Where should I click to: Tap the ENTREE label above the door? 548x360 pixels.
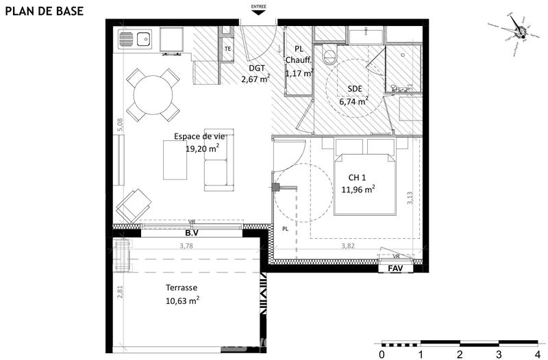pyautogui.click(x=259, y=9)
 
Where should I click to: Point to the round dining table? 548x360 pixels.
pyautogui.click(x=153, y=96)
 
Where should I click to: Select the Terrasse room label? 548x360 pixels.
pyautogui.click(x=182, y=288)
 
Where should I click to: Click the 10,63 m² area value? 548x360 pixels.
pyautogui.click(x=182, y=300)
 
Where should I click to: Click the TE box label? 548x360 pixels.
pyautogui.click(x=227, y=49)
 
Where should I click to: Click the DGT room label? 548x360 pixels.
pyautogui.click(x=256, y=68)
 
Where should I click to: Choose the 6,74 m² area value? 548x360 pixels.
pyautogui.click(x=353, y=101)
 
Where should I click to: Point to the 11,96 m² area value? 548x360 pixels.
pyautogui.click(x=358, y=190)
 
